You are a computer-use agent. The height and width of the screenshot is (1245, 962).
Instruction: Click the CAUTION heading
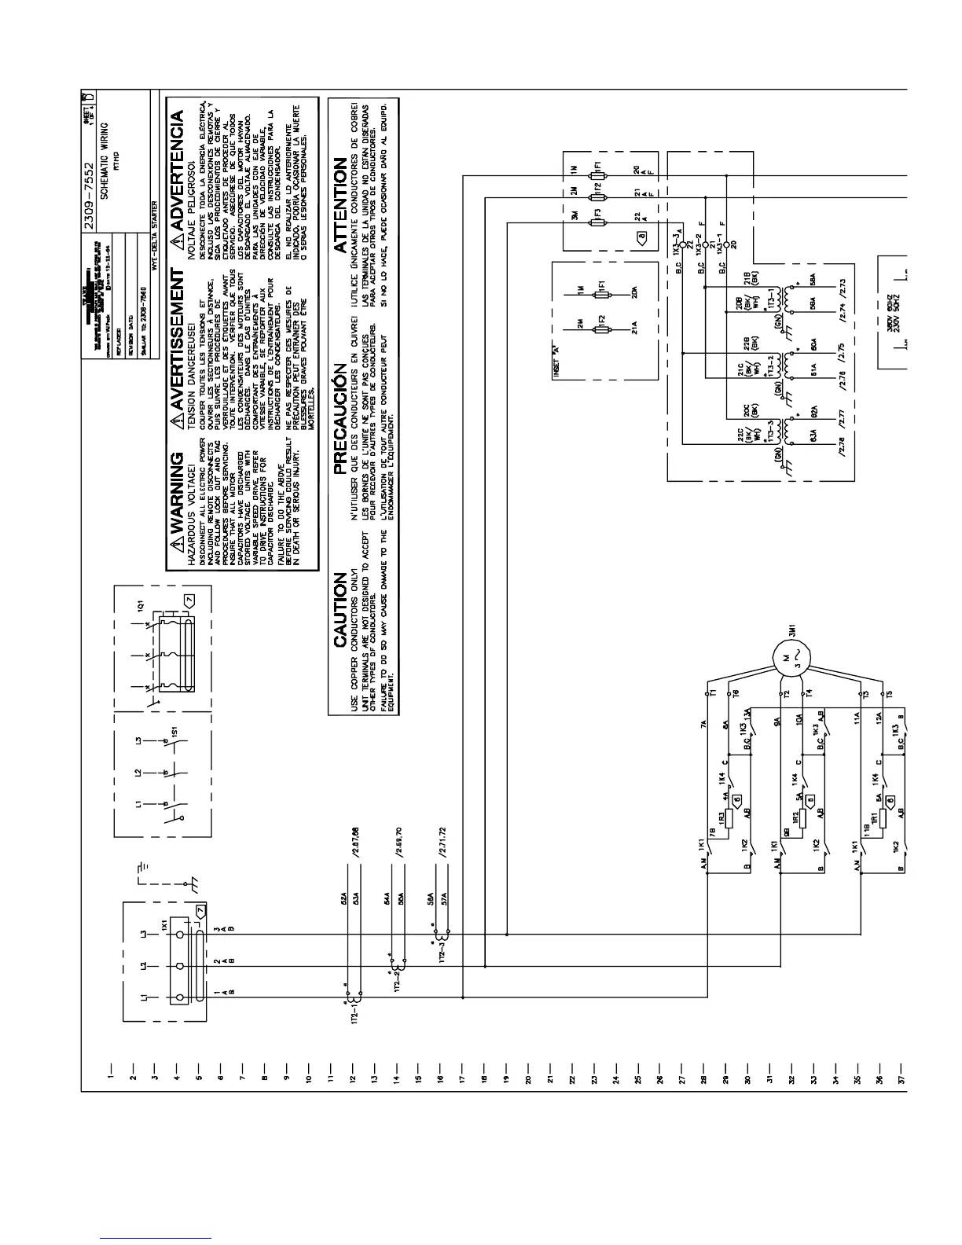[340, 609]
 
